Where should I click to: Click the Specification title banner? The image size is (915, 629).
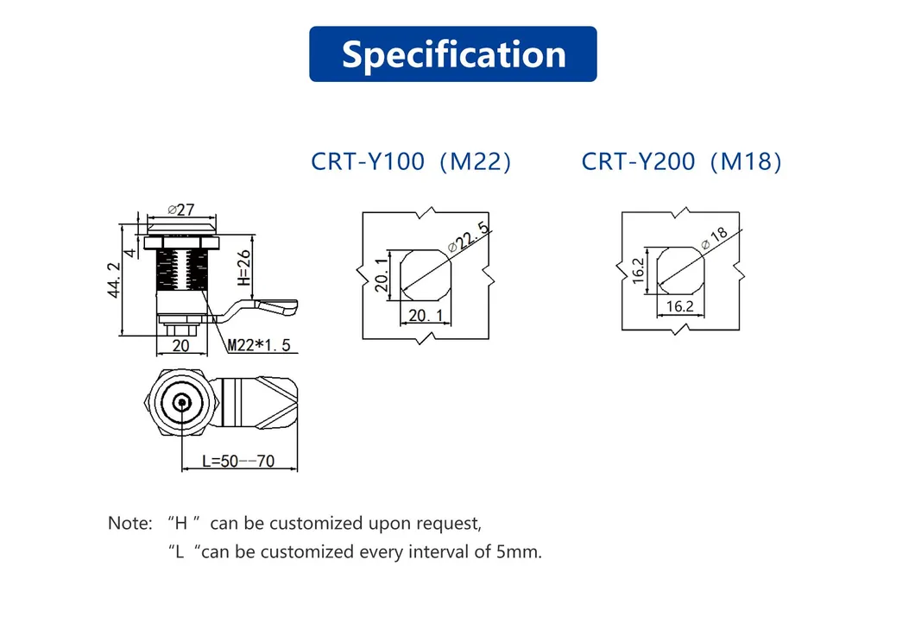click(452, 54)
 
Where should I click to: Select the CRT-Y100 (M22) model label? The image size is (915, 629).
click(411, 161)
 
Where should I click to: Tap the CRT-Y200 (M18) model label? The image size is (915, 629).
click(681, 161)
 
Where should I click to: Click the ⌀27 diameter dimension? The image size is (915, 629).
click(181, 209)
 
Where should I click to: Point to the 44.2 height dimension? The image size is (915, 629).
click(113, 280)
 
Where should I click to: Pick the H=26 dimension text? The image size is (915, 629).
click(243, 268)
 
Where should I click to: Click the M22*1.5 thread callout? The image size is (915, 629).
click(259, 346)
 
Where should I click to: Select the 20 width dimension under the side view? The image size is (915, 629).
click(180, 345)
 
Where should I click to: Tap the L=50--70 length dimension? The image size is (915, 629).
click(238, 462)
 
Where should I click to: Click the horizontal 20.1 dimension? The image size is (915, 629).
click(426, 316)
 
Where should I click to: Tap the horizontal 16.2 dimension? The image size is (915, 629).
click(679, 306)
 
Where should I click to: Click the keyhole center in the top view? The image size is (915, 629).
click(181, 402)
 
